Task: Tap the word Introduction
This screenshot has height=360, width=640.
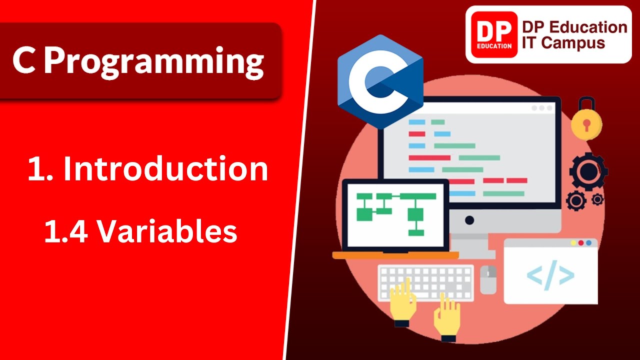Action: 165,169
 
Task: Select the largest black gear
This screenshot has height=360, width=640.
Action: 588,171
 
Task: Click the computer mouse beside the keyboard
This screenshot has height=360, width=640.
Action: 488,279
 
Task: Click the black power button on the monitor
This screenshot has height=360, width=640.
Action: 469,220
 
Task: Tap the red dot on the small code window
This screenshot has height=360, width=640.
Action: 573,243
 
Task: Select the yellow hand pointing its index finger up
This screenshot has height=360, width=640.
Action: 403,300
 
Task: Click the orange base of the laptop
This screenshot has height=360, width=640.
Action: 395,255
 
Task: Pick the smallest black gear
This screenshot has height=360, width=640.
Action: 597,199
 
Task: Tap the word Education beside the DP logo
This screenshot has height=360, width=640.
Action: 574,27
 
